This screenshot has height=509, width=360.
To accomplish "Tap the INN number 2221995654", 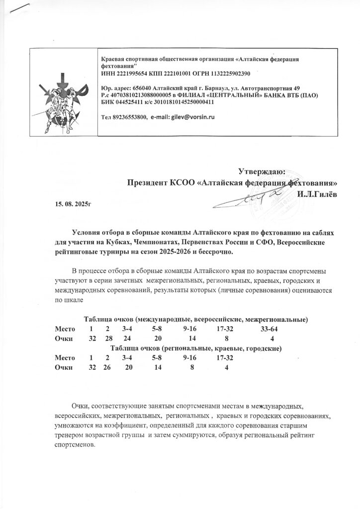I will [130, 74].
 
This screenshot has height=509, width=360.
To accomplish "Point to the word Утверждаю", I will [261, 171].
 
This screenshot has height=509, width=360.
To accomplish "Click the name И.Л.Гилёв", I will [317, 193].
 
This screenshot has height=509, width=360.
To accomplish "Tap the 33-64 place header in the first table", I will [269, 329].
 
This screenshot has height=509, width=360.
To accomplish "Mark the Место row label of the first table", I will [65, 329].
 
